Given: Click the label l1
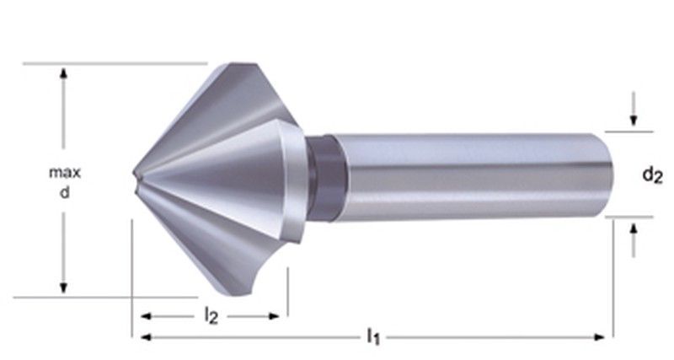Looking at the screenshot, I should click(x=371, y=338).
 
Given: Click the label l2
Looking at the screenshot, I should click(x=211, y=317).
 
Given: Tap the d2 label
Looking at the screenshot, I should click(x=651, y=175).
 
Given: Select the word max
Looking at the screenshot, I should click(x=64, y=173).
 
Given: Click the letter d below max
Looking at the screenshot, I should click(x=64, y=192).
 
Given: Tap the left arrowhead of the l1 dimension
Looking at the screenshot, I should click(x=140, y=337).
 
